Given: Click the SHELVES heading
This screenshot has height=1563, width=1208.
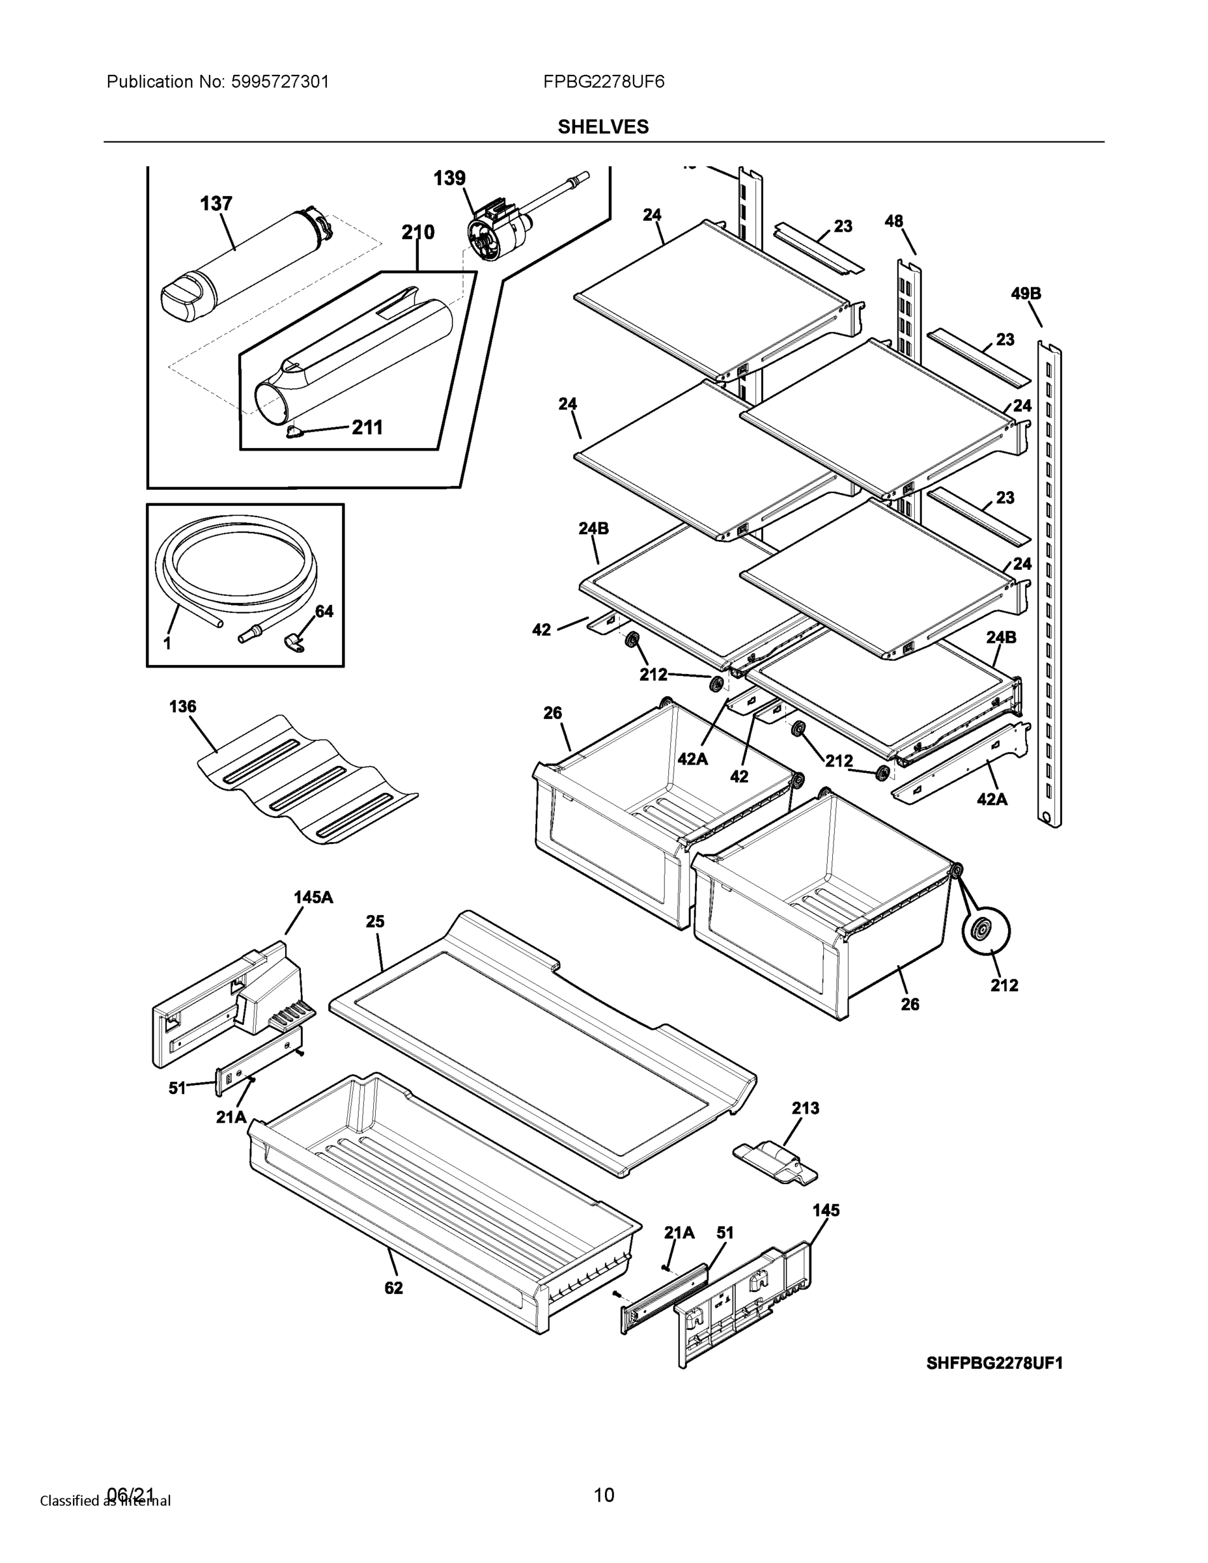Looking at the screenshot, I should click(x=602, y=127).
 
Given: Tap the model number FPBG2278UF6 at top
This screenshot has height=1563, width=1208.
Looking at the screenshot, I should click(x=603, y=81).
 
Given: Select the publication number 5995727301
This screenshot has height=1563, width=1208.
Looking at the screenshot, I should click(x=280, y=81).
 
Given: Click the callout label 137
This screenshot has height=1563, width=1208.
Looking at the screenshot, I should click(x=216, y=204).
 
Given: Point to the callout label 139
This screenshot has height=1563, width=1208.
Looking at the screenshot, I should click(x=449, y=178).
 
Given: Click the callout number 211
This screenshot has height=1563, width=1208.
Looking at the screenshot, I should click(x=367, y=427).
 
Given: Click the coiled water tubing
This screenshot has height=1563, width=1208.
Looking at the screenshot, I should click(x=236, y=565).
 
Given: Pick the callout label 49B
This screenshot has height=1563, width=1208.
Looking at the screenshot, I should click(x=1026, y=294).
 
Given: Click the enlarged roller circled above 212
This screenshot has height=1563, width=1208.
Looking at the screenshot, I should click(x=985, y=931).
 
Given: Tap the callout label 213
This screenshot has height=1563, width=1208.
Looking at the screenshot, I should click(x=805, y=1108).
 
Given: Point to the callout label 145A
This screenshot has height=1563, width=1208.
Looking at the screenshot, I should click(x=313, y=897).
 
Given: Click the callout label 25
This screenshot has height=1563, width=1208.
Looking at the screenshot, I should click(x=375, y=922).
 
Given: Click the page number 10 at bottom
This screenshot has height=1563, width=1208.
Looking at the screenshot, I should click(x=604, y=1495).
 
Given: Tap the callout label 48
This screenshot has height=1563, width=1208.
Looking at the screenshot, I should click(x=894, y=221).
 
